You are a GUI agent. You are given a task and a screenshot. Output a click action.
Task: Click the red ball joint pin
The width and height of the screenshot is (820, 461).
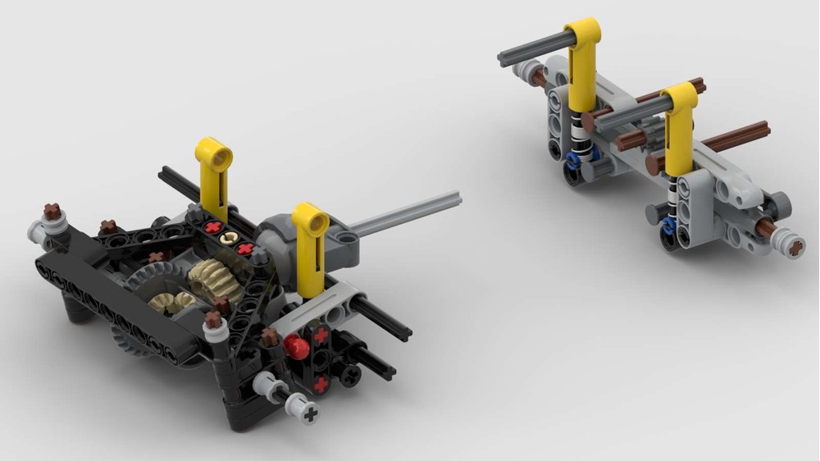297,348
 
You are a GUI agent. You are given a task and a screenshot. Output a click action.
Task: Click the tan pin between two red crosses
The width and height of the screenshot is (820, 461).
229,237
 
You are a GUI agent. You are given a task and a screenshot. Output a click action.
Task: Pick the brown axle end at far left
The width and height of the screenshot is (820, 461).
53,212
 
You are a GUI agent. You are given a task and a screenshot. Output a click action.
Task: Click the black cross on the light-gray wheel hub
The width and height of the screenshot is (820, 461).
310,414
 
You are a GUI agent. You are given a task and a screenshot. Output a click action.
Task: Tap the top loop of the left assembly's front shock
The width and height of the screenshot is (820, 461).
311,218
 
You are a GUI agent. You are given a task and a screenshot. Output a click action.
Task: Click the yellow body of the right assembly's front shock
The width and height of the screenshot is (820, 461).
680,131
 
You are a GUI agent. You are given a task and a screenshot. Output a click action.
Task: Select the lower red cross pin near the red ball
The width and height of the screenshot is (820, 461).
321,384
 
